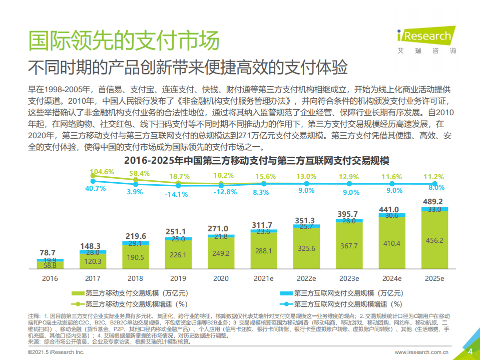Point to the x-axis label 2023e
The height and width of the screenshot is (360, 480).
(x=349, y=278)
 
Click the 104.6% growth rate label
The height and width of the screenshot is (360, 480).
(x=102, y=172)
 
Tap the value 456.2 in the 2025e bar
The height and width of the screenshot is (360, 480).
(x=433, y=240)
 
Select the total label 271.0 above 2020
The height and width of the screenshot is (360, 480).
(x=218, y=228)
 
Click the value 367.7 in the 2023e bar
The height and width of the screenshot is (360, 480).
(x=349, y=246)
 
